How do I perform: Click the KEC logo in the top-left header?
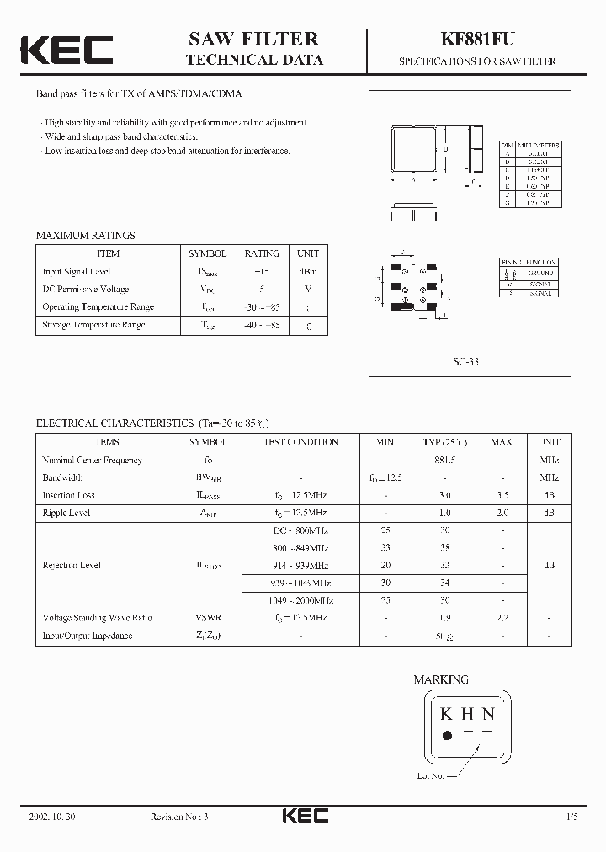click(66, 50)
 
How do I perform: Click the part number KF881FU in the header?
click(476, 40)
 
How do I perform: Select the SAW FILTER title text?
click(253, 39)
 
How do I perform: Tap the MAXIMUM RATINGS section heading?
click(85, 236)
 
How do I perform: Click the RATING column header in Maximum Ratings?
click(261, 253)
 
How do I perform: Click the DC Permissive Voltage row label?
click(86, 290)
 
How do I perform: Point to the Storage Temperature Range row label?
click(93, 325)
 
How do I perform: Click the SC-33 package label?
click(465, 361)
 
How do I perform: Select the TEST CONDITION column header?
click(300, 442)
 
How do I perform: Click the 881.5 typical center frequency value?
click(444, 461)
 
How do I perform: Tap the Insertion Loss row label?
click(69, 496)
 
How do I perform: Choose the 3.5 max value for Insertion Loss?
click(502, 496)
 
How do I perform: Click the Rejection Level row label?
click(72, 566)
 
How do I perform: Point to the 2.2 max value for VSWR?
click(502, 618)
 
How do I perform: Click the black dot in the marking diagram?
click(447, 735)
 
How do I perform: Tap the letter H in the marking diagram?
click(466, 715)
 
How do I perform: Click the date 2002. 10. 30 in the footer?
click(52, 817)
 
